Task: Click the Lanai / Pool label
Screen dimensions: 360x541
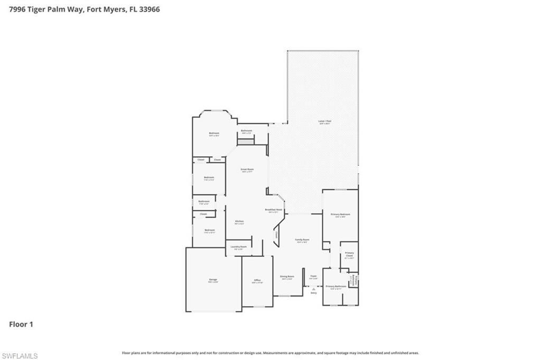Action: (x=324, y=122)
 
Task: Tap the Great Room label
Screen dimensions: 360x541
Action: (x=247, y=170)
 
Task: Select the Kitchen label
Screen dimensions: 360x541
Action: (x=239, y=221)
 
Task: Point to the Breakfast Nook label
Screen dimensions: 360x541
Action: (x=274, y=210)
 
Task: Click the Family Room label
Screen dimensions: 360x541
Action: (x=302, y=240)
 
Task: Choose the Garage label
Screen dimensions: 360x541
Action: (x=213, y=280)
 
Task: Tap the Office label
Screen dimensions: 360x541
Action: (x=257, y=281)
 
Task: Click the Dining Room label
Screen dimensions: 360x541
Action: (x=287, y=276)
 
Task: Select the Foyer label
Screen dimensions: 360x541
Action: (x=313, y=276)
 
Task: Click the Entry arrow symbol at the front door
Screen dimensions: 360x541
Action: (x=313, y=289)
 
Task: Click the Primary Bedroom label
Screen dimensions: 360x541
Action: (x=341, y=215)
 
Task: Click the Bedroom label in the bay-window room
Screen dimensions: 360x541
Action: (x=213, y=133)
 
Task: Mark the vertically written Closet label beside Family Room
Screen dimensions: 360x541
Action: (x=276, y=235)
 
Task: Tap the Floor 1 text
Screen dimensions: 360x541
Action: (x=21, y=324)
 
